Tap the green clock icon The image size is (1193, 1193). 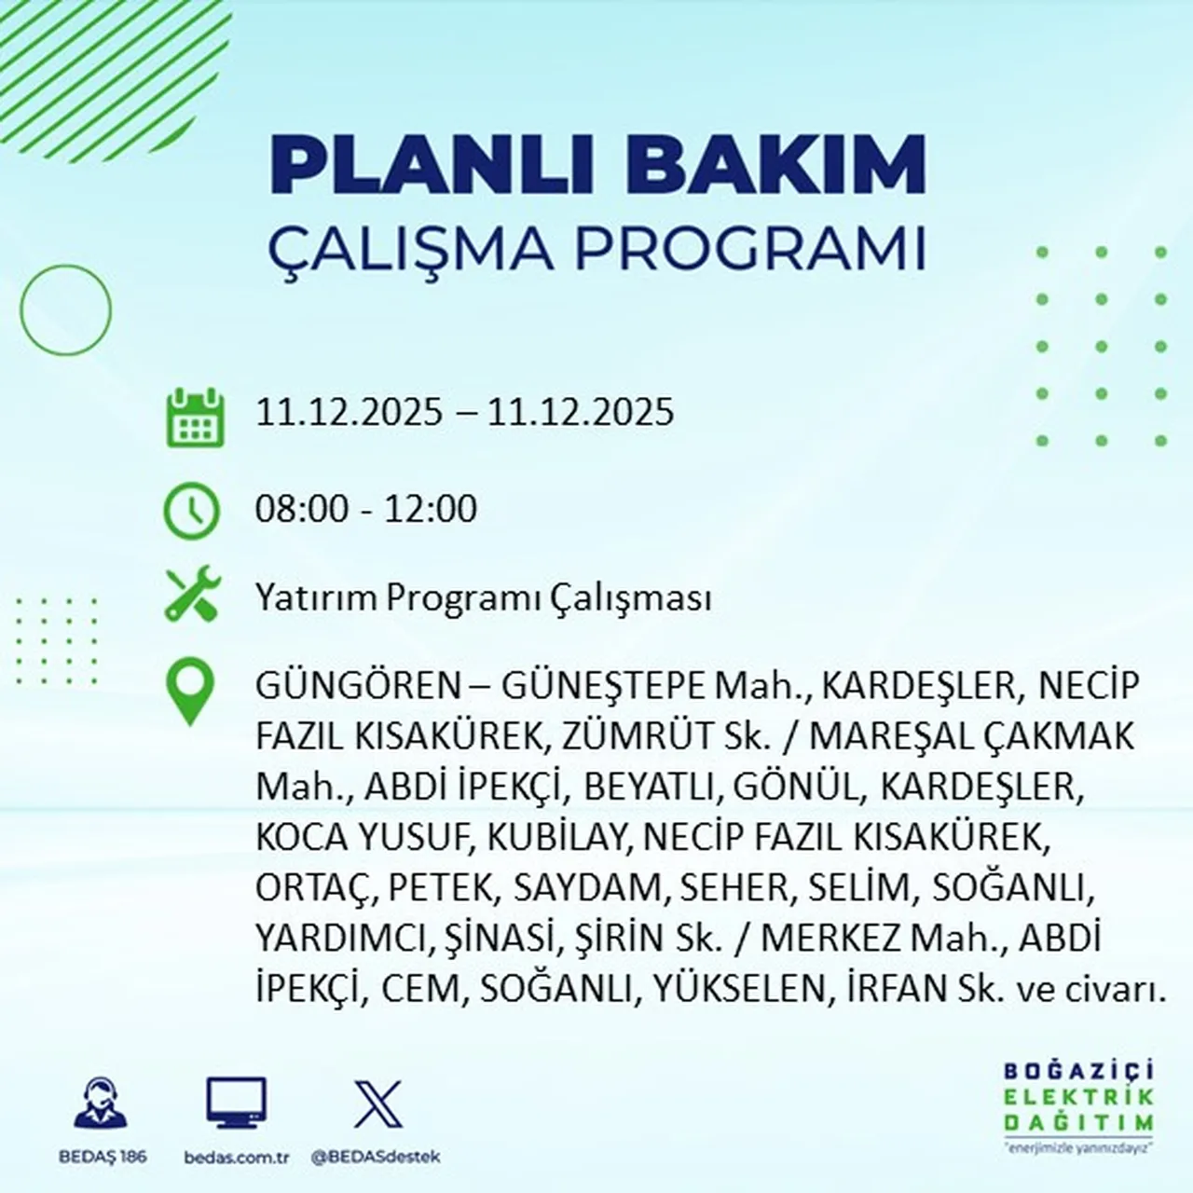click(x=192, y=511)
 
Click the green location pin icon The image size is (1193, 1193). click(x=189, y=692)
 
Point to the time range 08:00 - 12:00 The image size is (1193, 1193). click(x=366, y=509)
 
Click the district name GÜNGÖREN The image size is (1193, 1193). click(x=359, y=686)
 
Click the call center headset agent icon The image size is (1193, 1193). click(x=100, y=1104)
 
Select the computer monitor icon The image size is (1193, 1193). click(x=236, y=1104)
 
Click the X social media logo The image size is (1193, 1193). click(x=377, y=1104)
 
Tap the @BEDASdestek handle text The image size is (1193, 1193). click(x=375, y=1157)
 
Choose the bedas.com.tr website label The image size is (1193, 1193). click(x=237, y=1157)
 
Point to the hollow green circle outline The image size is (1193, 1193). click(x=65, y=309)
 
